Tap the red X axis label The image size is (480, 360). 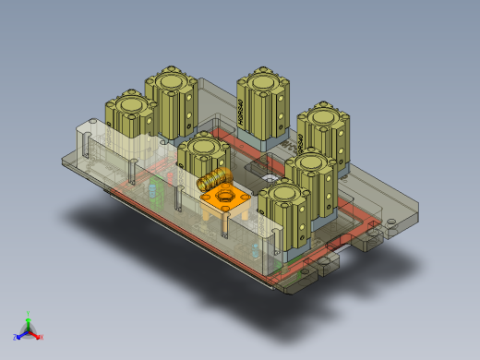click(x=42, y=337)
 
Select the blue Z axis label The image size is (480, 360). click(x=16, y=337)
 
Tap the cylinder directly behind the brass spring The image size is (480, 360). click(x=203, y=148)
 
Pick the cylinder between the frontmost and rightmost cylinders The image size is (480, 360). click(x=307, y=166)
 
